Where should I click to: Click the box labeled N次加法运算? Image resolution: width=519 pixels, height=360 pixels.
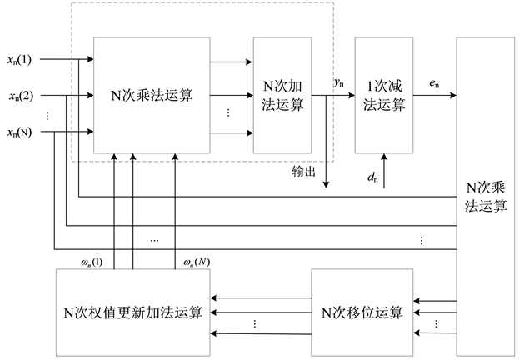pos(282,96)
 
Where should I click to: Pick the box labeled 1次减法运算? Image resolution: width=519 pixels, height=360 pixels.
pos(383,96)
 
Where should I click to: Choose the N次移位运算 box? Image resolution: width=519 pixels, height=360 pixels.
pos(362,313)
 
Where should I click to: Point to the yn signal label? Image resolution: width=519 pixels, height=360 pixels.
pos(339,82)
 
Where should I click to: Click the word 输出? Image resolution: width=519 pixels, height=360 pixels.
pos(303,171)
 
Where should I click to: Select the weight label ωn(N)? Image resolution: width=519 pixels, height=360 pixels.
pos(197,262)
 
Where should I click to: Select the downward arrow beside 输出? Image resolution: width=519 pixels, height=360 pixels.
pos(327,158)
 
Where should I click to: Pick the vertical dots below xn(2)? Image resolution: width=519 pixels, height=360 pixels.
pos(47,117)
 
